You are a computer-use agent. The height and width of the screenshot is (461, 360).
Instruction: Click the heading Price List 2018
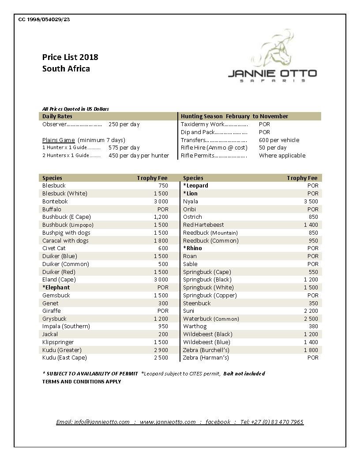pyautogui.click(x=70, y=57)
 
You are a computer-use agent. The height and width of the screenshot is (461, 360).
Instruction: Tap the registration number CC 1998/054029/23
pyautogui.click(x=44, y=19)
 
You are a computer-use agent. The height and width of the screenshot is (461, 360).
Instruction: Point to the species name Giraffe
pyautogui.click(x=52, y=311)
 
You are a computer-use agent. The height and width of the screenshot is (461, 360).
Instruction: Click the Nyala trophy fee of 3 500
pyautogui.click(x=311, y=201)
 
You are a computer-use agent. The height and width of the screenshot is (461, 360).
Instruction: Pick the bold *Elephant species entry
pyautogui.click(x=56, y=287)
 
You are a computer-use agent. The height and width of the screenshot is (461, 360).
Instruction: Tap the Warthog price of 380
pyautogui.click(x=313, y=326)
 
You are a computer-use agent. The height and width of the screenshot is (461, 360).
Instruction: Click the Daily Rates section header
pyautogui.click(x=57, y=116)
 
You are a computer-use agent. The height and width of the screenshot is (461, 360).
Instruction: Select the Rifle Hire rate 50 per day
pyautogui.click(x=273, y=147)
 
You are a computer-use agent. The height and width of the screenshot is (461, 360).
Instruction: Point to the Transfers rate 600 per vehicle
pyautogui.click(x=279, y=140)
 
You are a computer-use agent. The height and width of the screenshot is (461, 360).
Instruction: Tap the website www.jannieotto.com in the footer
pyautogui.click(x=168, y=422)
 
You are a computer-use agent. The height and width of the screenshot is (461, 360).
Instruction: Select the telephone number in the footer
pyautogui.click(x=272, y=422)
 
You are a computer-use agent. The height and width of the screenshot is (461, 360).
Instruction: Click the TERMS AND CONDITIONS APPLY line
pyautogui.click(x=82, y=382)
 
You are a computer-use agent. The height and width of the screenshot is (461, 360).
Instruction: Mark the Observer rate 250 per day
pyautogui.click(x=124, y=124)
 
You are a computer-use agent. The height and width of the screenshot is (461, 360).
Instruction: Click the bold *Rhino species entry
pyautogui.click(x=192, y=248)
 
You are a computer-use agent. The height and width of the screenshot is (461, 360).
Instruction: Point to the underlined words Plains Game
pyautogui.click(x=59, y=140)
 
